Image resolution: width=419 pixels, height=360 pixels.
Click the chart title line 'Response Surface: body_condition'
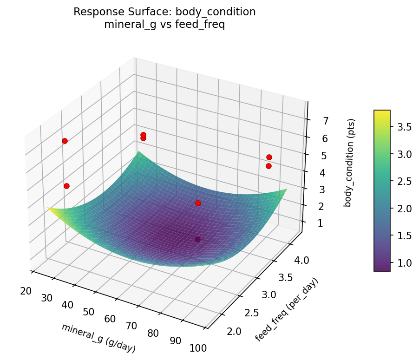coord(164,12)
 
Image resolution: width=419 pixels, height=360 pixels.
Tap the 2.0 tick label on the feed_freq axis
coord(235,331)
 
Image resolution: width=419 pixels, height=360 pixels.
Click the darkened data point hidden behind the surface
coord(198,240)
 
